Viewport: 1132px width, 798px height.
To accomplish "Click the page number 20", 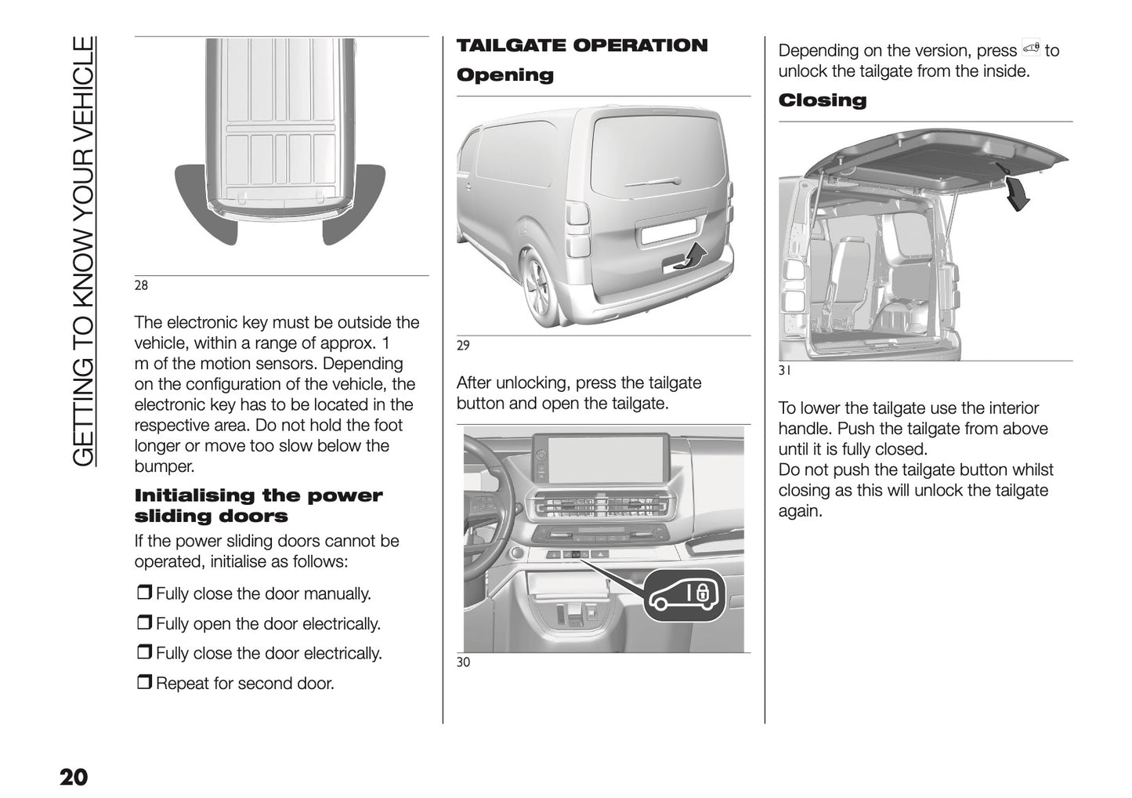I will click(74, 777).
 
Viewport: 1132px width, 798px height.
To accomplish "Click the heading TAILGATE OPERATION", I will click(581, 45).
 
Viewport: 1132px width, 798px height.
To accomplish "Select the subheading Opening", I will click(505, 75).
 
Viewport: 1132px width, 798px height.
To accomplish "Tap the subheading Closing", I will click(822, 100).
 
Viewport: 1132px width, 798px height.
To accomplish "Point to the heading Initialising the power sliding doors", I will click(259, 506).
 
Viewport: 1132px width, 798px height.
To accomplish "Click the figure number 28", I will click(141, 285).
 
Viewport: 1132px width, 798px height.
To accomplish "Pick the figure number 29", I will click(463, 345).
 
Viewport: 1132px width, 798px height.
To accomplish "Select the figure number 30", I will click(463, 662).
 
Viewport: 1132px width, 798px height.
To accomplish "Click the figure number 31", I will click(784, 371).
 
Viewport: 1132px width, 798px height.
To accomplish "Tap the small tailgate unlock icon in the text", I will click(1030, 49).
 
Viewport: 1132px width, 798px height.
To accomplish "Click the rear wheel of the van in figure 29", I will click(541, 286).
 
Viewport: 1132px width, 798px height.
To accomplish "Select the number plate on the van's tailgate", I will click(667, 230).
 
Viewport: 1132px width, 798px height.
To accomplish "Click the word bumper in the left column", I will click(164, 466).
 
